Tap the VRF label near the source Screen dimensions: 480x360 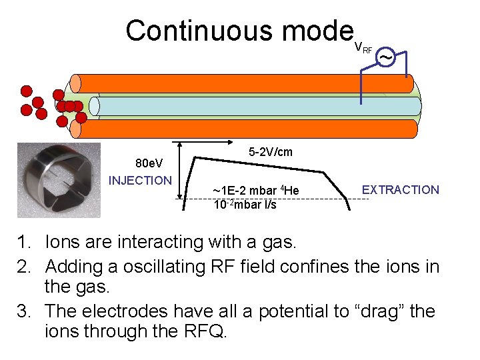pyautogui.click(x=363, y=47)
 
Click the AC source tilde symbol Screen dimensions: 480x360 pyautogui.click(x=385, y=59)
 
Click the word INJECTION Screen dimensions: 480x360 pyautogui.click(x=140, y=180)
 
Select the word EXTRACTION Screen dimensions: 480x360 pyautogui.click(x=400, y=190)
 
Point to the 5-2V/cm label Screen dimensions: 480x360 pyautogui.click(x=270, y=152)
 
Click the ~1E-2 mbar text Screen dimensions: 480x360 pyautogui.click(x=255, y=192)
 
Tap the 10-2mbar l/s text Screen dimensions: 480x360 pyautogui.click(x=245, y=204)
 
